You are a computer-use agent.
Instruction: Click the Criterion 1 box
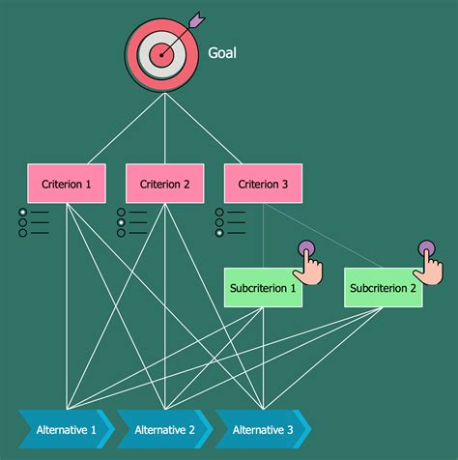[x=66, y=184]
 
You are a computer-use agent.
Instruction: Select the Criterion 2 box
[x=165, y=184]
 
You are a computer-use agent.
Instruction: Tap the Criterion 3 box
[x=263, y=184]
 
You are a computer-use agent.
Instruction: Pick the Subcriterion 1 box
[x=263, y=287]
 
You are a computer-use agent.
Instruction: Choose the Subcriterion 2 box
[x=384, y=287]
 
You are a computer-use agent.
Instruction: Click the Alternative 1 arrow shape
[x=66, y=430]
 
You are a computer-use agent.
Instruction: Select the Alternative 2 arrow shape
[x=165, y=430]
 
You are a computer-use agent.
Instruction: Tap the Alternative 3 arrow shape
[x=263, y=430]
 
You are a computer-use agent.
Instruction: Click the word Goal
[x=222, y=53]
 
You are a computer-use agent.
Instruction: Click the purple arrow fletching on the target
[x=198, y=17]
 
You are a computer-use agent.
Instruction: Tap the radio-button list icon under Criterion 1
[x=33, y=222]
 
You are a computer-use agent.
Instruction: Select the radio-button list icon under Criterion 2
[x=131, y=222]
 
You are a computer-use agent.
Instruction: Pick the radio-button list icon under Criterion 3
[x=230, y=222]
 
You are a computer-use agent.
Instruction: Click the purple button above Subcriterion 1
[x=305, y=248]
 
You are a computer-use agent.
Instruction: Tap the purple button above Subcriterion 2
[x=426, y=248]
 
